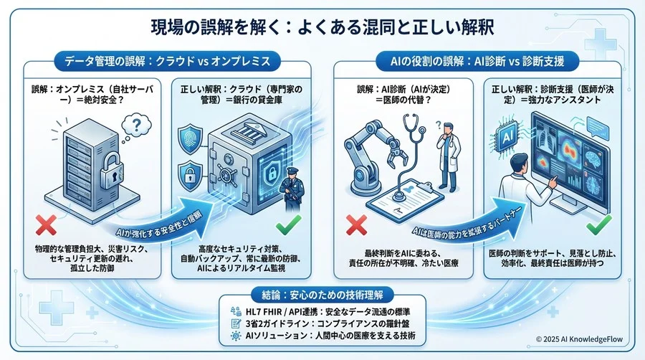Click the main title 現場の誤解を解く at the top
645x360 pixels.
pyautogui.click(x=322, y=27)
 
